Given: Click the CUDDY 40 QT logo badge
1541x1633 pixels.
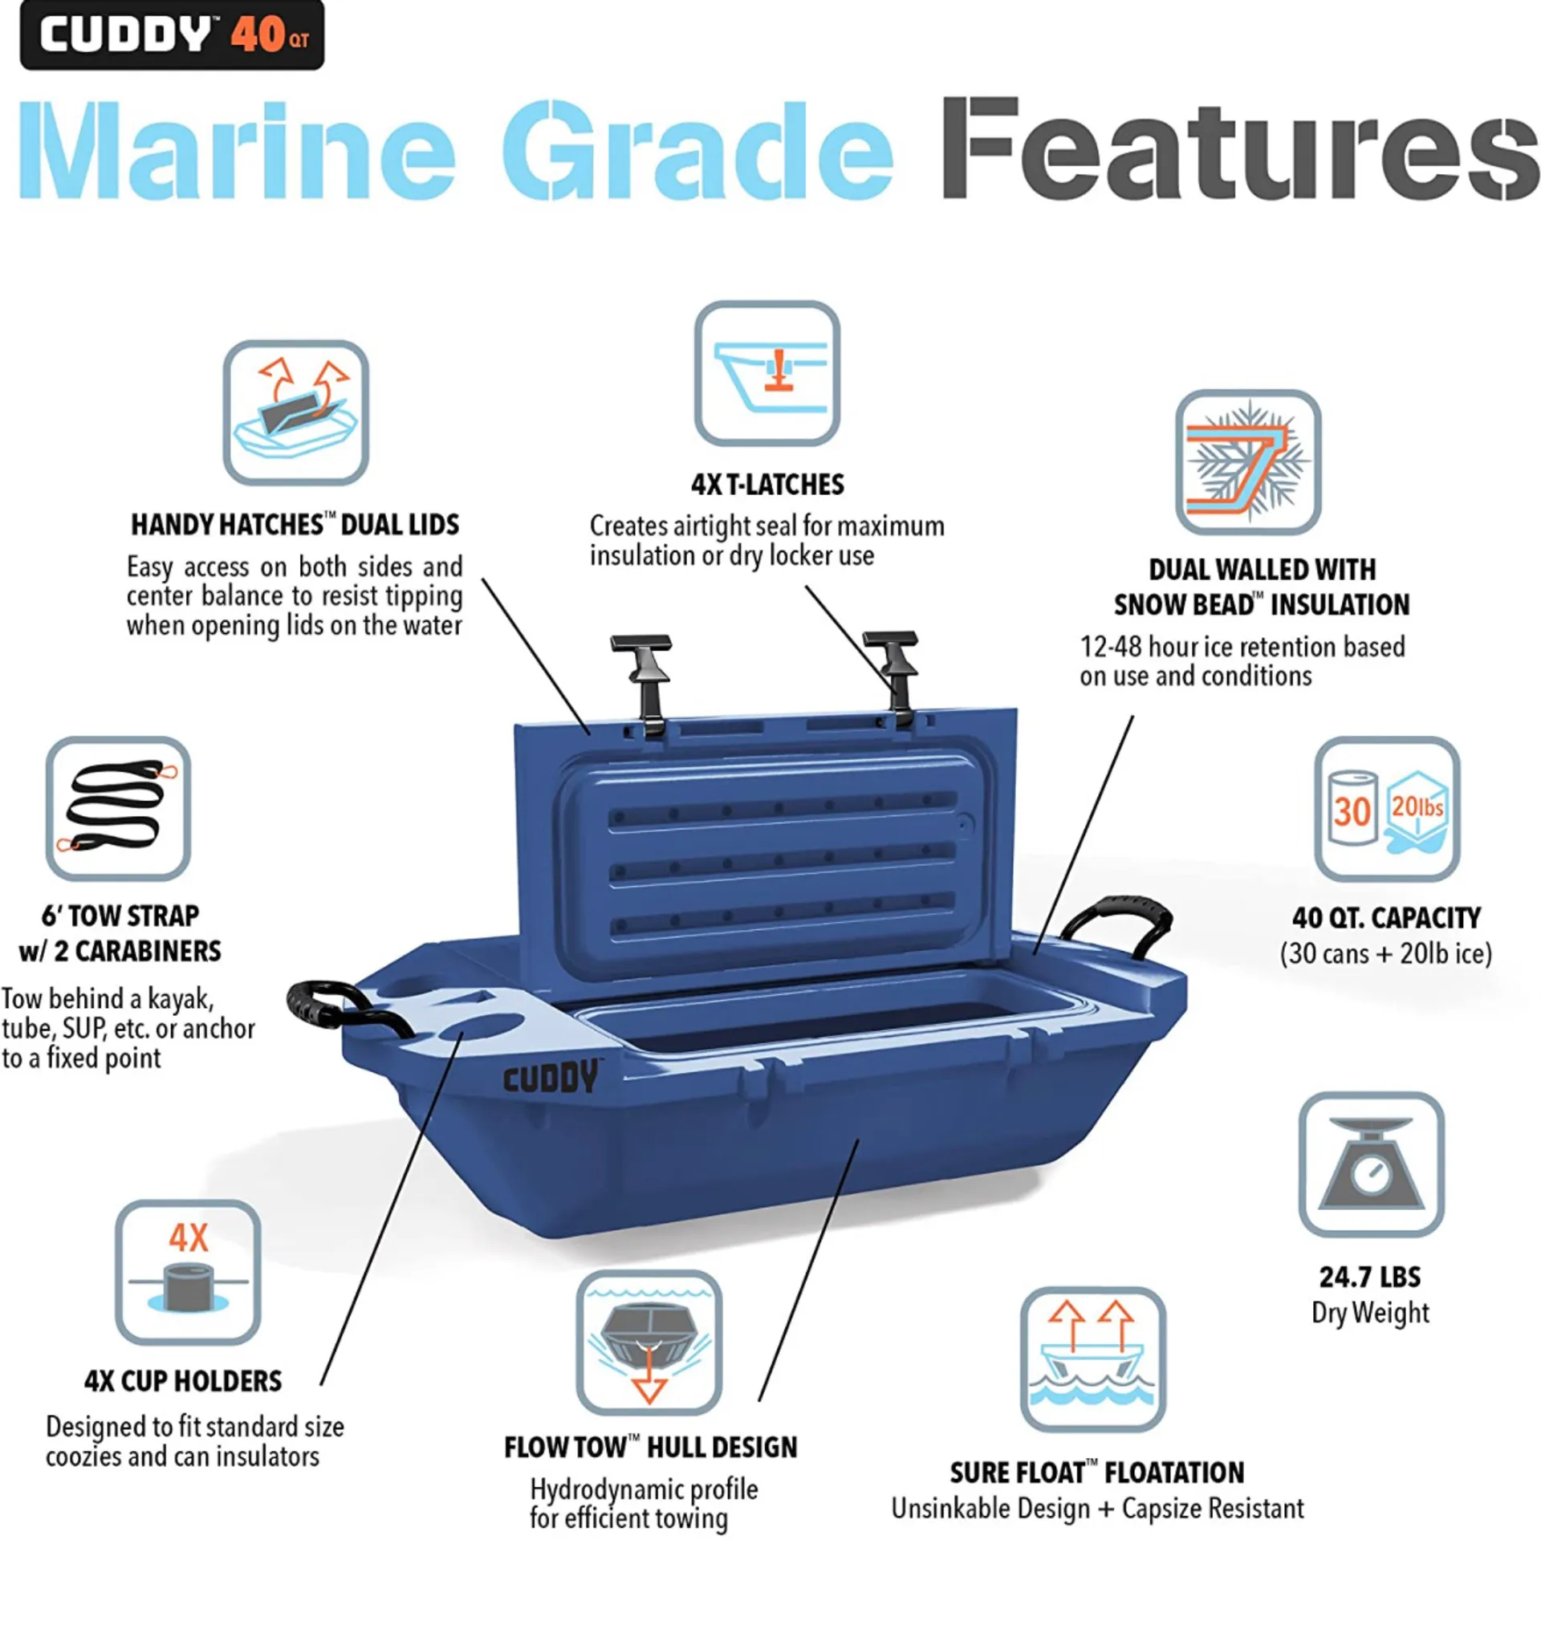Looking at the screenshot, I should (172, 35).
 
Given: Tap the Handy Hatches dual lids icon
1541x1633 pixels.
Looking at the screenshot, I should (295, 412).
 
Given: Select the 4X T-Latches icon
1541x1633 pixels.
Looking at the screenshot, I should (766, 373).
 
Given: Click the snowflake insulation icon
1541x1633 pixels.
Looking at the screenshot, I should (1247, 461).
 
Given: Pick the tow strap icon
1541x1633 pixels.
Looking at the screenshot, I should (118, 808).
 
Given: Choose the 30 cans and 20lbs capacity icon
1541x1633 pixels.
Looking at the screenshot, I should (1387, 809).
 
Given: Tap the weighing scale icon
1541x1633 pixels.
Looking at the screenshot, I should (1371, 1164).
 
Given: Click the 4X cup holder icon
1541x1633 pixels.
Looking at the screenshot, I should (188, 1272).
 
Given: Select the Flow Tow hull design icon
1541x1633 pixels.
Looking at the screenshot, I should (649, 1343).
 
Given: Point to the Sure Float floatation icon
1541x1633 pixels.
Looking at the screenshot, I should (1092, 1359).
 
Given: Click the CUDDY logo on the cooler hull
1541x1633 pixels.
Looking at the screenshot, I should (551, 1077).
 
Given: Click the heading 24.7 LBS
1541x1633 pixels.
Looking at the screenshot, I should (1369, 1277).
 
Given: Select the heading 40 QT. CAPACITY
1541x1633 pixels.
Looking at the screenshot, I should (1386, 917).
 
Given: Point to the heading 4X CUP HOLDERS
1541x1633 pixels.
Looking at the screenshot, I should (183, 1381).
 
